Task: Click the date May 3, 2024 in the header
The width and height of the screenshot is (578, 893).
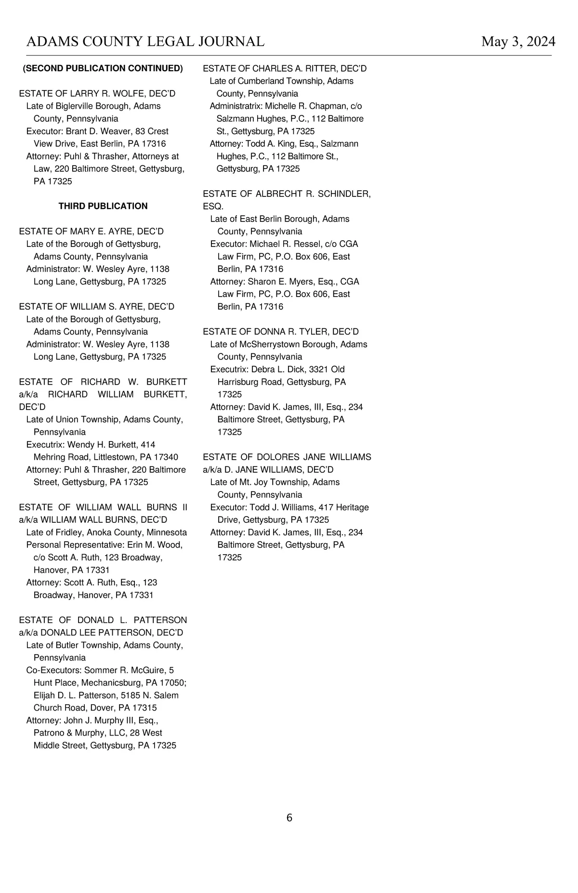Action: click(518, 42)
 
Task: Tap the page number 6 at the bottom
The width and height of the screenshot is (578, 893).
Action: click(289, 818)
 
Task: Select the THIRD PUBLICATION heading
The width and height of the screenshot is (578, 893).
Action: click(103, 206)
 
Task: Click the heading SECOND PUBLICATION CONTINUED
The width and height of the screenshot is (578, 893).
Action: click(103, 68)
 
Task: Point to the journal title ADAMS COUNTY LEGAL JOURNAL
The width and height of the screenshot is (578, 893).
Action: click(145, 42)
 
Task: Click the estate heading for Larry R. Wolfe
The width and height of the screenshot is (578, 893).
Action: click(97, 93)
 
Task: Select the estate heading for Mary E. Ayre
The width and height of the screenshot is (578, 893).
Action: click(92, 231)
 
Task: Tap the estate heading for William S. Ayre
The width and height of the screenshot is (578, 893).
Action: click(97, 307)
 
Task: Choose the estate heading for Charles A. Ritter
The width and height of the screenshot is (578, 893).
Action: click(285, 68)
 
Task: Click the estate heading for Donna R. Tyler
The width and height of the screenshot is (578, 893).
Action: click(281, 332)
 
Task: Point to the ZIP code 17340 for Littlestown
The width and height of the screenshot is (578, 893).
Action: click(166, 457)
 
